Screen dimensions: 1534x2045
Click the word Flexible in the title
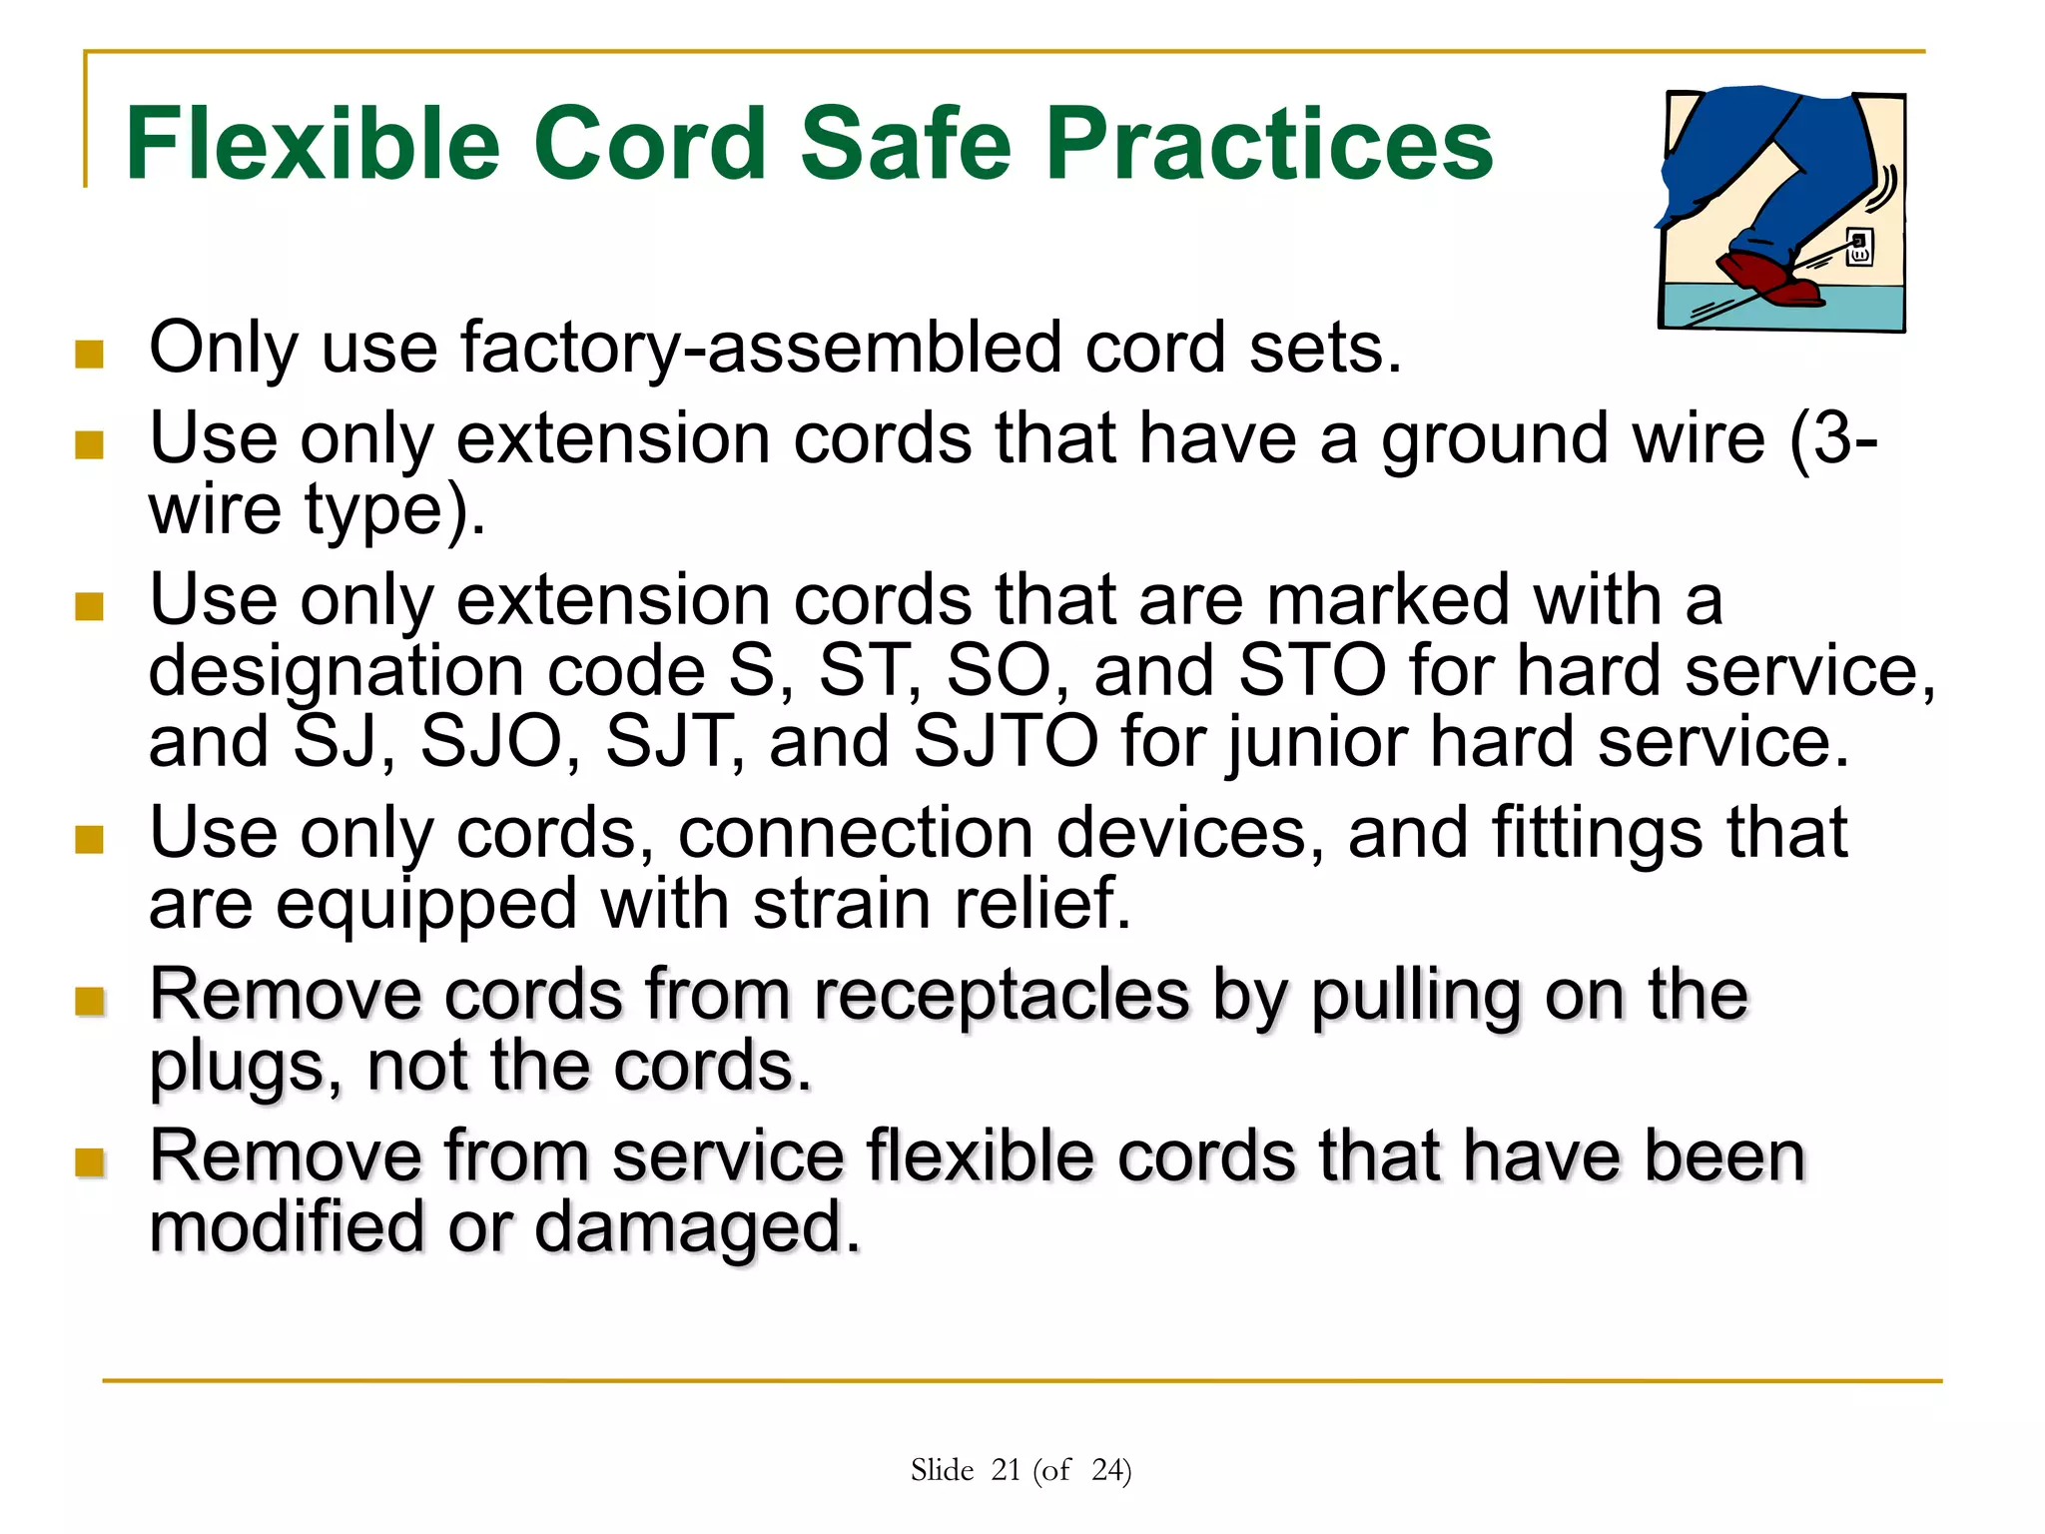(x=312, y=145)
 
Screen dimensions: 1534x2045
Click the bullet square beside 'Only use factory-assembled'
(x=90, y=354)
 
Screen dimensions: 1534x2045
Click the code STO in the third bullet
(x=1312, y=670)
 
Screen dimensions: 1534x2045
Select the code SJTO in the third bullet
(x=1006, y=742)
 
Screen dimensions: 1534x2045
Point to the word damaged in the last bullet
(x=696, y=1228)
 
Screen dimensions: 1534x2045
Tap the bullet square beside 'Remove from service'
(x=90, y=1161)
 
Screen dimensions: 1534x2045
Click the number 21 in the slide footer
(x=1006, y=1470)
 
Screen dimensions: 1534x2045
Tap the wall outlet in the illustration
(x=1858, y=246)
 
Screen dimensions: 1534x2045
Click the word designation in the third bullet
(x=337, y=672)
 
